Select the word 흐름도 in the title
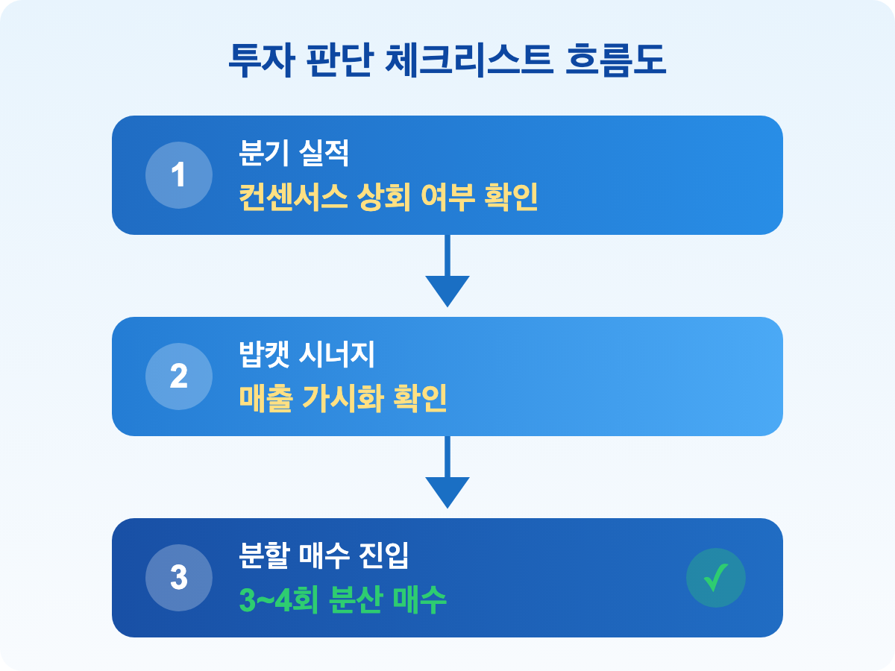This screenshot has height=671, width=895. pyautogui.click(x=617, y=61)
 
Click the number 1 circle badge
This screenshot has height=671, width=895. pyautogui.click(x=178, y=175)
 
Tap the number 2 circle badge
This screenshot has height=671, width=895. pyautogui.click(x=178, y=377)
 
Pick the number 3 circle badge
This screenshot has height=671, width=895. pyautogui.click(x=178, y=578)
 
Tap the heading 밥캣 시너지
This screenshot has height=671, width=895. pyautogui.click(x=306, y=356)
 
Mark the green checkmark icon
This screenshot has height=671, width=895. pyautogui.click(x=715, y=578)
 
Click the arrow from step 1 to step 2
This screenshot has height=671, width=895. pyautogui.click(x=447, y=272)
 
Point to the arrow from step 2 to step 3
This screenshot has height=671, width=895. pyautogui.click(x=447, y=473)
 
